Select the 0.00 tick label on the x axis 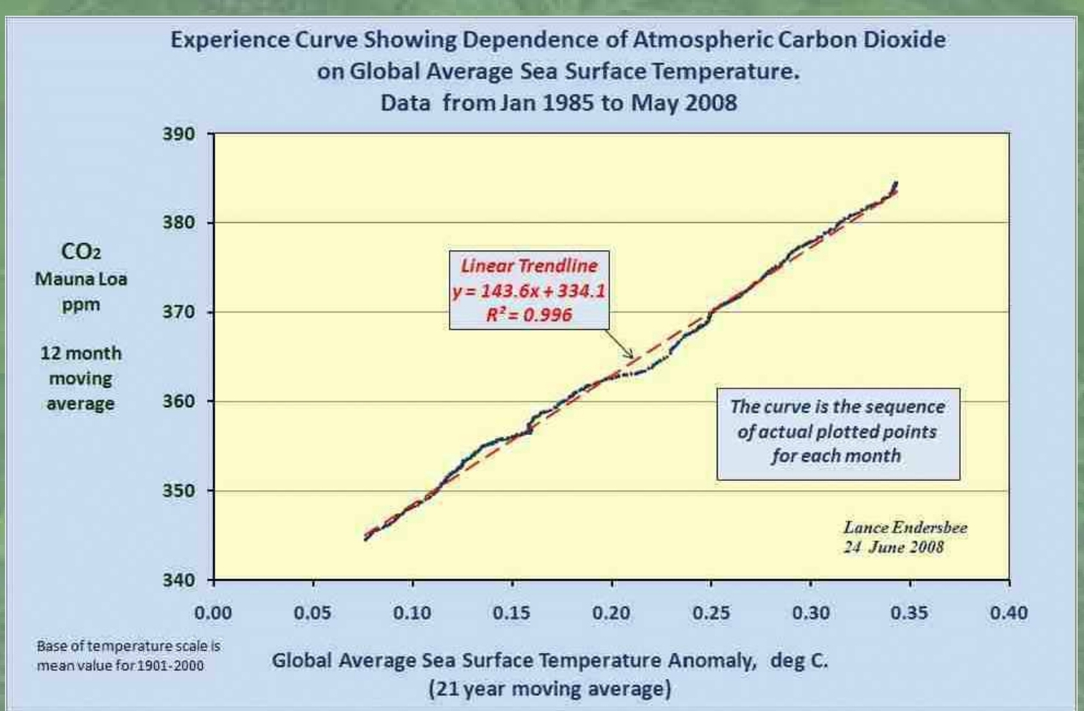tap(214, 613)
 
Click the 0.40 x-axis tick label tap(1009, 613)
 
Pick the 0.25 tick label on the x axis tap(710, 613)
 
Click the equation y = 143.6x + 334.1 tap(528, 291)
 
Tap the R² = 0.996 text tap(528, 315)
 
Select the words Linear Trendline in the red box tap(528, 266)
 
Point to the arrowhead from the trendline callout tap(632, 356)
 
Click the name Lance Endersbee tap(905, 528)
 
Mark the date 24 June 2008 tap(893, 548)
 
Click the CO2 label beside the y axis tap(80, 252)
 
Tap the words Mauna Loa tap(80, 279)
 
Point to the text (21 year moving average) tap(550, 689)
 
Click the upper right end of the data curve tap(895, 183)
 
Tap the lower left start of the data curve tap(366, 539)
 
